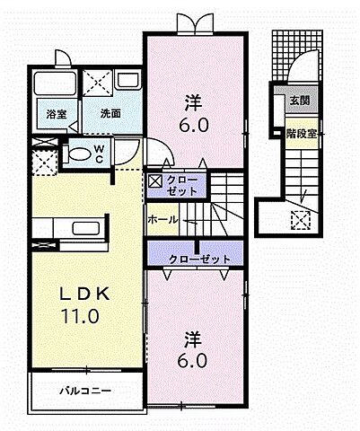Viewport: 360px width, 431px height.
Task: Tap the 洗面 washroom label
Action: (110, 114)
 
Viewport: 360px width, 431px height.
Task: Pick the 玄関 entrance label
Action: (299, 101)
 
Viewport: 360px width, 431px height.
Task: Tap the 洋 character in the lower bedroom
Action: (192, 339)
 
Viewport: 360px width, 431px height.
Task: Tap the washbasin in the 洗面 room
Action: (126, 82)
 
